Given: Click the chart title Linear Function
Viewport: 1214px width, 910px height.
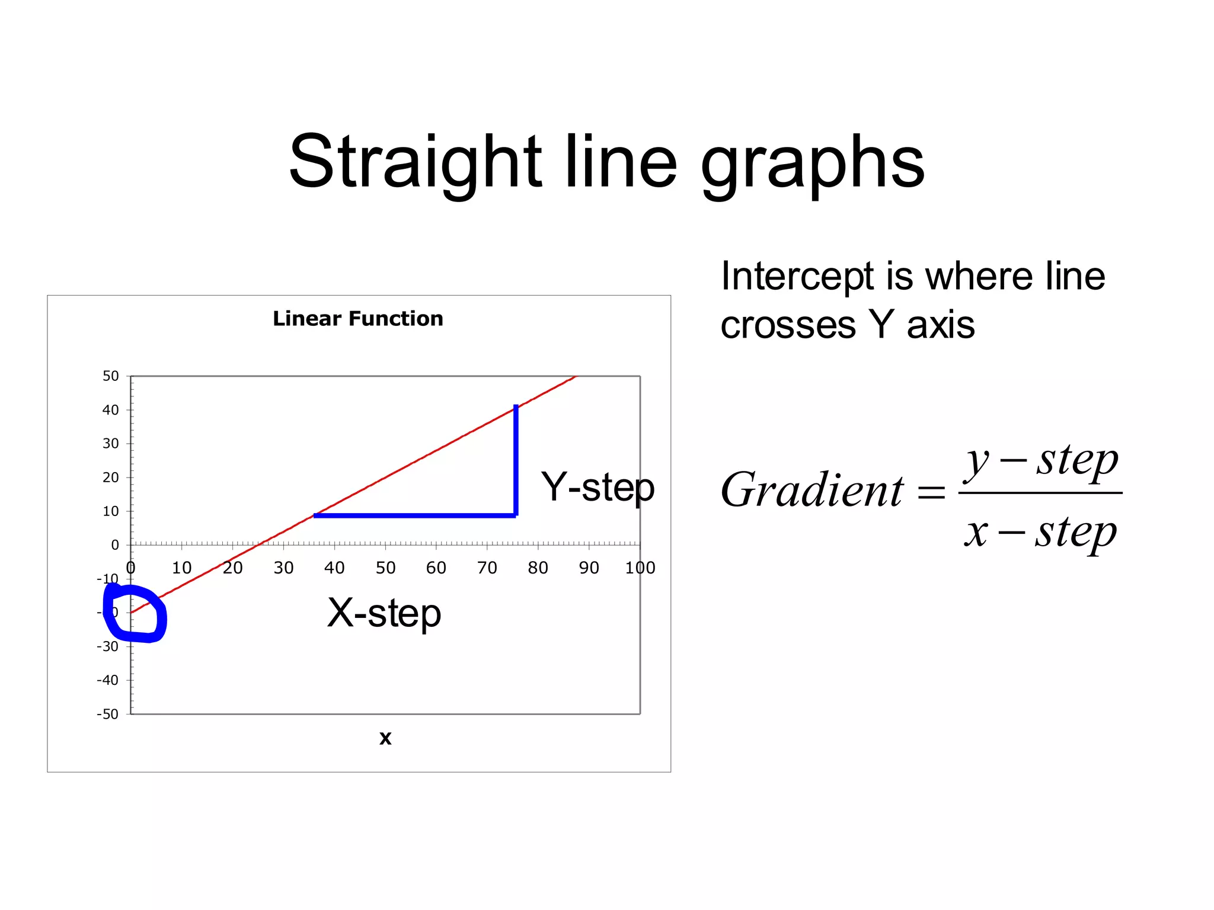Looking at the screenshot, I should (357, 319).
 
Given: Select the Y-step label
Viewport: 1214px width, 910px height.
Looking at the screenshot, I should (597, 488).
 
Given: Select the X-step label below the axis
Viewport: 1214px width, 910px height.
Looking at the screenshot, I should (384, 613).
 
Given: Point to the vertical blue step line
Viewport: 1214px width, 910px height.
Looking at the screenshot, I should (516, 459).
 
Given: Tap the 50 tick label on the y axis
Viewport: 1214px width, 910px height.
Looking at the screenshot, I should (111, 376).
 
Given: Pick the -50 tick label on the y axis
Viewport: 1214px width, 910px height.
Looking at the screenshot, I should (108, 714).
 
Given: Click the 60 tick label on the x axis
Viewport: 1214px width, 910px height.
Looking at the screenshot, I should (436, 568).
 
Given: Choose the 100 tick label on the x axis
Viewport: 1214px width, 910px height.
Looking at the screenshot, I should (640, 568).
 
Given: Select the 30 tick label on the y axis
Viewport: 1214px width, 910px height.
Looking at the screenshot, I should (111, 444).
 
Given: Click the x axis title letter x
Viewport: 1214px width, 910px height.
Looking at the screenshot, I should (385, 738).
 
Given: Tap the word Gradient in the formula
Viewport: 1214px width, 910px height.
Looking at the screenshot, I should (812, 491).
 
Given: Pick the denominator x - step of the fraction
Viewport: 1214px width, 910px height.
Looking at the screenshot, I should (1040, 532).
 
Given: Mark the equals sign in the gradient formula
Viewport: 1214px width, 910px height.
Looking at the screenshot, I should (931, 492).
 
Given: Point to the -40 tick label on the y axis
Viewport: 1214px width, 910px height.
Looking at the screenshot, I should (108, 680).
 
